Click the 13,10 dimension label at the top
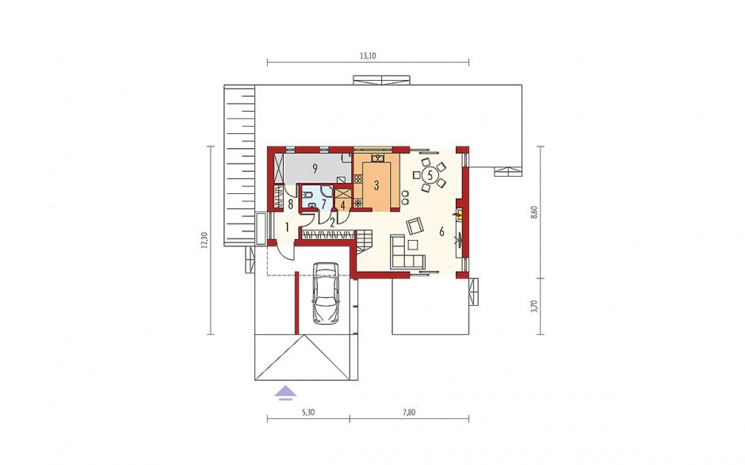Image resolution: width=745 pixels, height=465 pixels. coord(368,55)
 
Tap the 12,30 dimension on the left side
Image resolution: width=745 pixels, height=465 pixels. coord(204,240)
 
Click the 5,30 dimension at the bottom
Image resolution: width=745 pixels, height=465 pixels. coord(308,412)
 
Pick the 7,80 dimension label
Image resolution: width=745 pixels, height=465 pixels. coord(408,412)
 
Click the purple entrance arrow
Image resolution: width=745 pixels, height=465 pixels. coord(285,392)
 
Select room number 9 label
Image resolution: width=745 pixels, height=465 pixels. coord(314,167)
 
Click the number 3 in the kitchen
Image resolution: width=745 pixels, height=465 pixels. coord(376,185)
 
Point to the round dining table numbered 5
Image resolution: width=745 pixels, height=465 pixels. coord(430,175)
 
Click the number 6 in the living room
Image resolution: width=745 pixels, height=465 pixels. coord(442,232)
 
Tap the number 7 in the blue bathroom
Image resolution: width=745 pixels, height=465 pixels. coord(323,204)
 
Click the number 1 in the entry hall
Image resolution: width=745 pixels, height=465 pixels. coord(287,227)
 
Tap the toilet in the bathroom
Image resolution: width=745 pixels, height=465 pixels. coord(308,195)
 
